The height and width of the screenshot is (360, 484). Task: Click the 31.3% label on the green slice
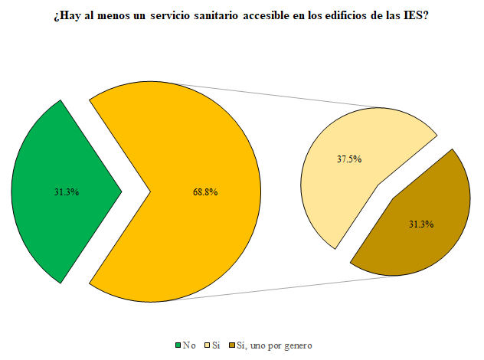(x=67, y=192)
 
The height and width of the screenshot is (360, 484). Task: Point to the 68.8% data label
(x=205, y=192)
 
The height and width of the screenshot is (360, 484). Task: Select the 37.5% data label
(x=348, y=159)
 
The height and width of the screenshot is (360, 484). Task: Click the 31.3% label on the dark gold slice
(x=421, y=224)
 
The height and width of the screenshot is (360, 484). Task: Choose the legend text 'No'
(x=188, y=345)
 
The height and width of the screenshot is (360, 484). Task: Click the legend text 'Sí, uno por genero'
(x=276, y=345)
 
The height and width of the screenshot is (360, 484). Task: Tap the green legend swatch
(x=178, y=345)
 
